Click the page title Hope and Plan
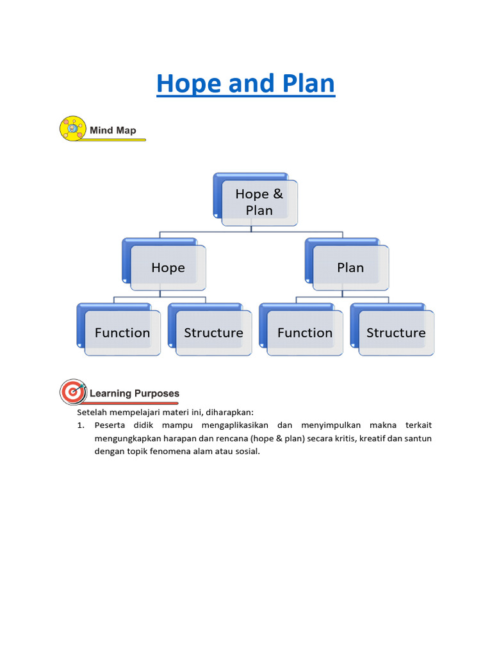(245, 84)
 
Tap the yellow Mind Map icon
(72, 129)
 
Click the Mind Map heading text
(113, 130)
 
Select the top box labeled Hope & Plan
(259, 201)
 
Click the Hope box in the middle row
(168, 267)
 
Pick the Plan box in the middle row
(350, 267)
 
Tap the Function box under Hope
(122, 333)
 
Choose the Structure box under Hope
(213, 333)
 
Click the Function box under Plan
(305, 333)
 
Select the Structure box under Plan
(396, 333)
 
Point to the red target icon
(73, 391)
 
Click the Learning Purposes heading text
(135, 393)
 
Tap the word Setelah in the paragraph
(91, 413)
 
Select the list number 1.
(81, 425)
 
